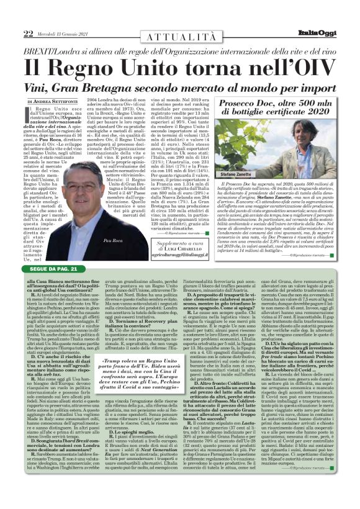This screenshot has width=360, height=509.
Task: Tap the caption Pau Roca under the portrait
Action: pos(113,239)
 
